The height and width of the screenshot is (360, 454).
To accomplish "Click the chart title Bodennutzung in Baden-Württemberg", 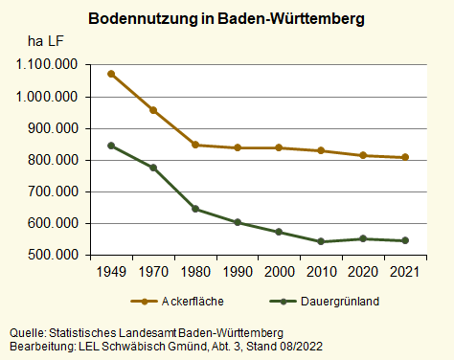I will pos(226,19).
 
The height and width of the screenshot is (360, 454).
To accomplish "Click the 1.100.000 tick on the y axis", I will pos(45,65).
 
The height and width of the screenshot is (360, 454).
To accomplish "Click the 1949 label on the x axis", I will pos(111,272).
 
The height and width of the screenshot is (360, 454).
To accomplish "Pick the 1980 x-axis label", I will pos(194,272).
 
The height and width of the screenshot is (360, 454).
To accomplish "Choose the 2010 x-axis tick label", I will pos(320,272).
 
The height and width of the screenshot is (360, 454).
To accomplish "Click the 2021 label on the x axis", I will pos(404,272).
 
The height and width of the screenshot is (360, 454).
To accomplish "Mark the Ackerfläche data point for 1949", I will pos(111,74).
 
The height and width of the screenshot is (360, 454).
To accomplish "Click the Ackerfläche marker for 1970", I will pos(153,110).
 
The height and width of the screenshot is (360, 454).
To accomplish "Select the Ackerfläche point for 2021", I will pos(404,158).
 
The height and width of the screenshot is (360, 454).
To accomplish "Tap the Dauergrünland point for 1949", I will pos(111,146).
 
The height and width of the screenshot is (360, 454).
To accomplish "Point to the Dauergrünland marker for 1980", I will pos(194,209).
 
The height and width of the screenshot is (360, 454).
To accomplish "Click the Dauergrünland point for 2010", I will pos(320,242).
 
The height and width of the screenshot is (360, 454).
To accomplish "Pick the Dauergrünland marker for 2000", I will pos(279,232).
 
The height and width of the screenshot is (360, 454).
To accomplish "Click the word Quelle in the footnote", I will pos(25,332).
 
